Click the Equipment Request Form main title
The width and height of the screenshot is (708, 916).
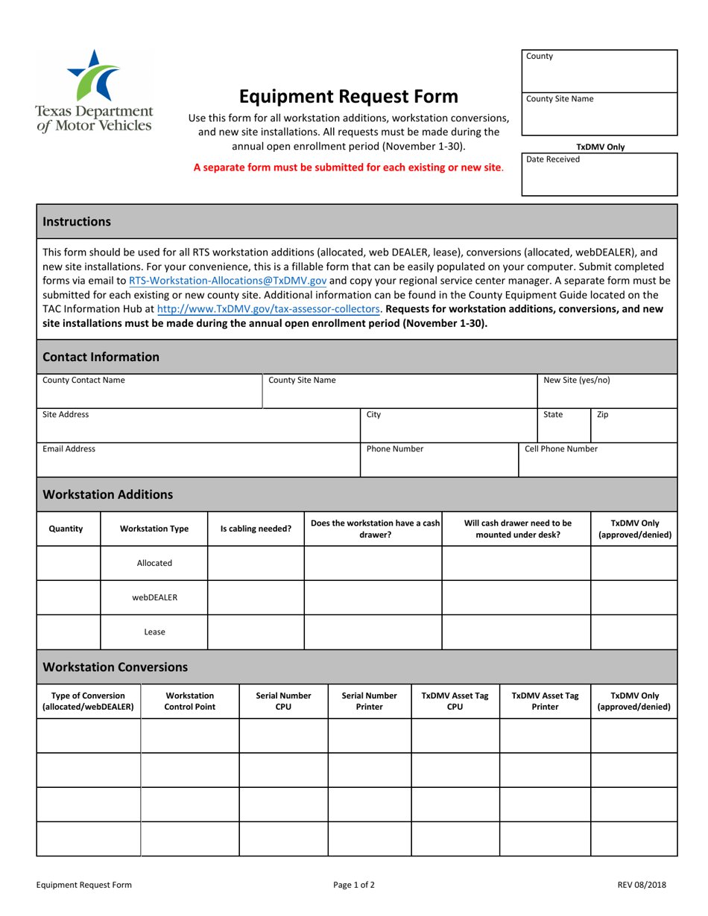coord(348,96)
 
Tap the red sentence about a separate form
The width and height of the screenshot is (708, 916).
coord(348,168)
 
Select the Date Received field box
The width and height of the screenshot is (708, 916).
coord(599,174)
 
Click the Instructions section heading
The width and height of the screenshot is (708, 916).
coord(77,221)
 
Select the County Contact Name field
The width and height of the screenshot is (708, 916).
coord(149,391)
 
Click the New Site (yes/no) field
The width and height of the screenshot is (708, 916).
coord(607,391)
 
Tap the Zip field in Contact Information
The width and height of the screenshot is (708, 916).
coord(633,425)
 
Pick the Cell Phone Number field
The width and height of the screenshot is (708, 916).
coord(597,459)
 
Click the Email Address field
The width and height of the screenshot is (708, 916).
coord(198,459)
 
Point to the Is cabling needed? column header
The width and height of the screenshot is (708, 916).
coord(256,529)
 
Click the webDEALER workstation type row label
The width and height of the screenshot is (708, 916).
coord(154,597)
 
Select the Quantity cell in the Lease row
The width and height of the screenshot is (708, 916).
coord(69,632)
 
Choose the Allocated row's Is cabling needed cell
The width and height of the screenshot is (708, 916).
coord(256,564)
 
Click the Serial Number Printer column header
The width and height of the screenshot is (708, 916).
coord(369,702)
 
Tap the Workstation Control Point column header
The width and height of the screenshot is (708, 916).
coord(189,702)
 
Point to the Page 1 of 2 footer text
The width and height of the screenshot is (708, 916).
coord(354,885)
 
